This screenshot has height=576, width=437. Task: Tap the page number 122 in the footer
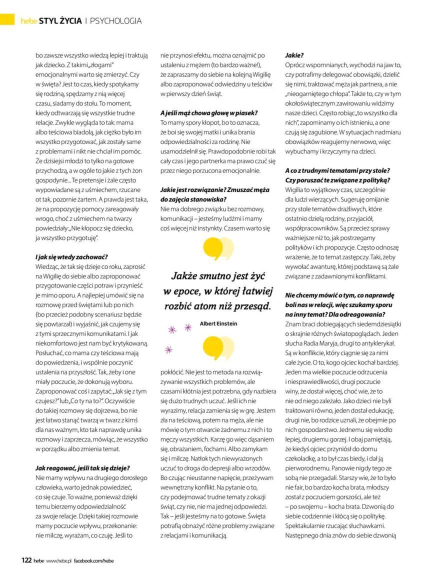[x=26, y=560]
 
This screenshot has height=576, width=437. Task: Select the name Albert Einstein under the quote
[x=218, y=323]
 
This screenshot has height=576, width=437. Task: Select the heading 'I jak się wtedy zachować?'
[x=71, y=257]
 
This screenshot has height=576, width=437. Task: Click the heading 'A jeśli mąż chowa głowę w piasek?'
[x=209, y=113]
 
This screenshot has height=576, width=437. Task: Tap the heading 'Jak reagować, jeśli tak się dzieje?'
[x=82, y=468]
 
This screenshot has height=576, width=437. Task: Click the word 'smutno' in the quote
[x=219, y=276]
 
